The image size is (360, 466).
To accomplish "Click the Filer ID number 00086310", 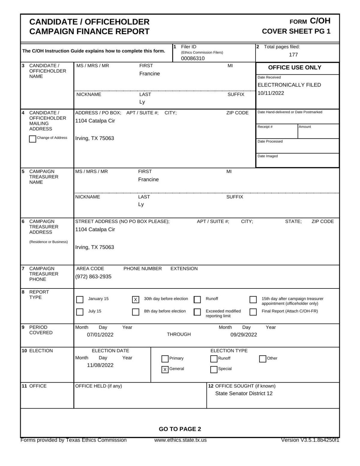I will (193, 58).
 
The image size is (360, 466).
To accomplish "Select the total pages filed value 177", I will (293, 55).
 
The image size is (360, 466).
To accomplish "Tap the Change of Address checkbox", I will (33, 139).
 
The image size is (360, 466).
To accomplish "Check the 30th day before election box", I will (136, 300).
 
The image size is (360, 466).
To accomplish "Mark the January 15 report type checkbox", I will (80, 300).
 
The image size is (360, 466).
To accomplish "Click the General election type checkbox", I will (165, 370).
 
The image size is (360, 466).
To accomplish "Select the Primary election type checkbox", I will (165, 359).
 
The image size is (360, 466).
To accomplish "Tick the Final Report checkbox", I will (253, 312).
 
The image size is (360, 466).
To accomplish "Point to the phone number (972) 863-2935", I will (93, 276).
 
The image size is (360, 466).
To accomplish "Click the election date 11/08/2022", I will (100, 365).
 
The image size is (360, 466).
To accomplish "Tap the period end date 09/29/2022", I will (244, 335).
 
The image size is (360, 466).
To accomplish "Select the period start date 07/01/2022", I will (100, 335).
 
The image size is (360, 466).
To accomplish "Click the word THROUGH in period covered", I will (179, 334).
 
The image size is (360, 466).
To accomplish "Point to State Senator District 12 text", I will (244, 393).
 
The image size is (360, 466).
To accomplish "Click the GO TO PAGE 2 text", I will (180, 429).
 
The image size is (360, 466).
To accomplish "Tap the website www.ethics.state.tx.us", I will (180, 440).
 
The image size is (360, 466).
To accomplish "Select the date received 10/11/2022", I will (271, 93).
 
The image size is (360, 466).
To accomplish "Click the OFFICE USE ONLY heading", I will (295, 68).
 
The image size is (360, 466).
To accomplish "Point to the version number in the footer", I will (310, 440).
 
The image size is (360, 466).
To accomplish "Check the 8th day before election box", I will (136, 312).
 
